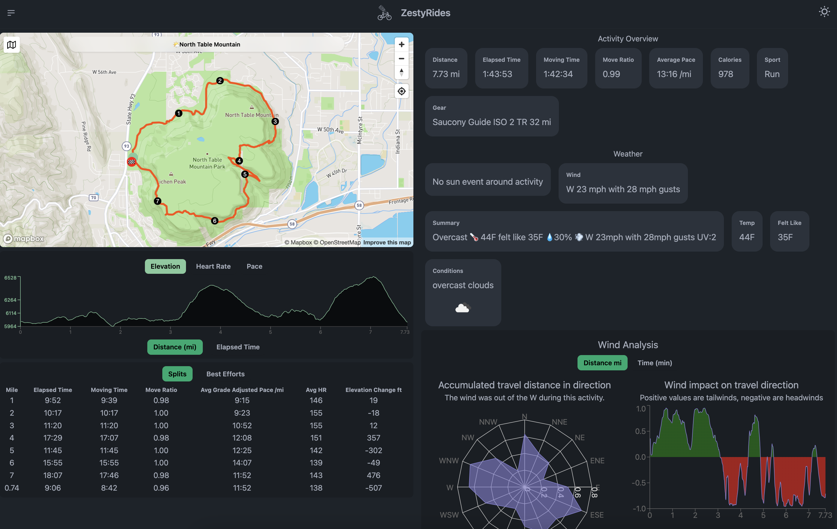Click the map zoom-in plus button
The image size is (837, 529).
pos(401,44)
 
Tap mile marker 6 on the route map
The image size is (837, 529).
pos(215,221)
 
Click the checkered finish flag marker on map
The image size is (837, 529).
pos(131,162)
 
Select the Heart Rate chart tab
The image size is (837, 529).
pos(213,266)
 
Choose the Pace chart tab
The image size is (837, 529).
pos(254,266)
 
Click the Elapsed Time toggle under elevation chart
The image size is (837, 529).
pos(238,347)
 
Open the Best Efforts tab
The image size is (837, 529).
pos(225,374)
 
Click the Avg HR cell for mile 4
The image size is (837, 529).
pos(316,438)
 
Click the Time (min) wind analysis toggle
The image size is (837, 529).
pos(655,363)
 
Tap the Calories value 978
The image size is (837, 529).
pos(725,74)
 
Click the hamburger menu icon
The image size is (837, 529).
pos(11,13)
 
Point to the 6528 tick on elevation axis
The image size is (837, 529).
pos(10,278)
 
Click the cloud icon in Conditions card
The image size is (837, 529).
pos(463,308)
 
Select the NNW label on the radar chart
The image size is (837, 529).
pos(488,422)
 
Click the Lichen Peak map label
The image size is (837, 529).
pos(172,181)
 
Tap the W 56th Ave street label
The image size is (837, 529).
pos(104,72)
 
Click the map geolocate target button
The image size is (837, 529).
pos(401,91)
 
